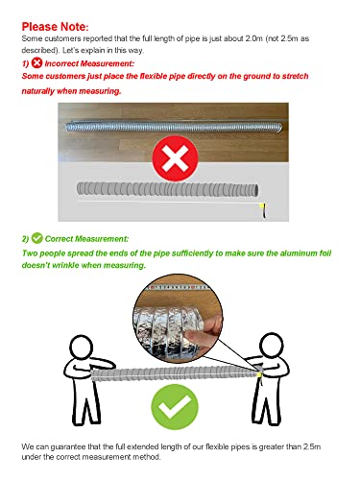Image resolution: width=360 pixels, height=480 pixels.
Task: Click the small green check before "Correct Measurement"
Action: (36, 237)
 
